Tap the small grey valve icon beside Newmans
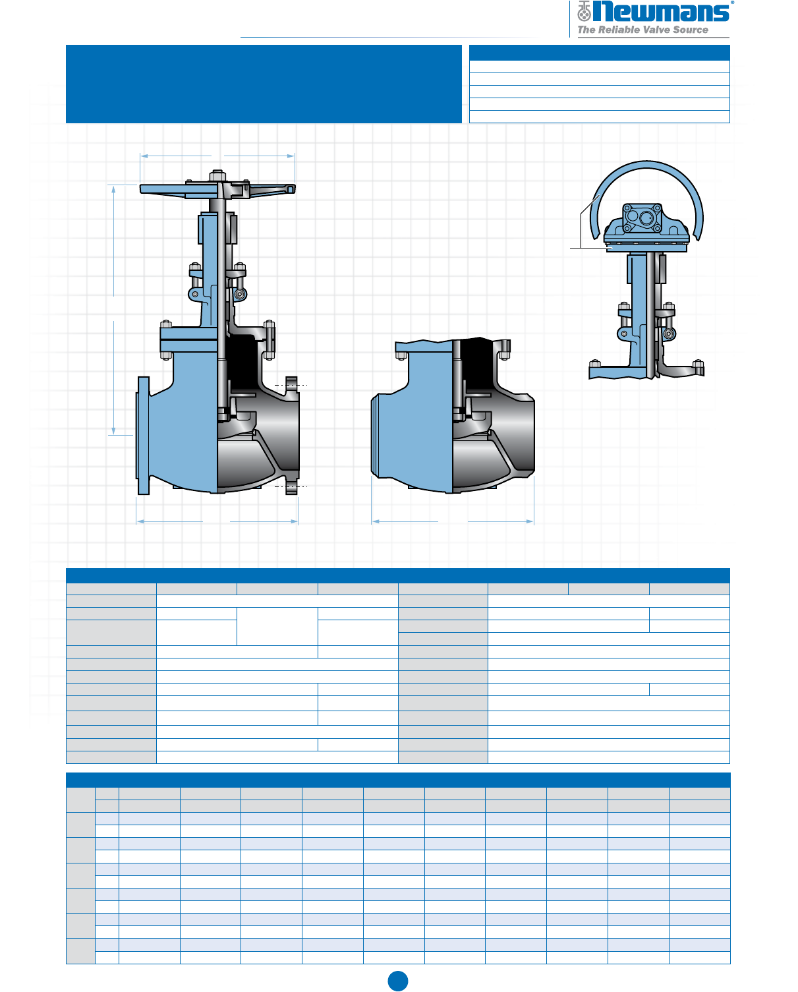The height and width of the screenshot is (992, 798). click(584, 11)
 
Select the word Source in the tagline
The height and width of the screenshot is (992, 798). click(691, 30)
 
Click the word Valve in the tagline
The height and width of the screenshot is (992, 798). click(656, 30)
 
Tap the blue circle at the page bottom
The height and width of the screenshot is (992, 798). click(398, 981)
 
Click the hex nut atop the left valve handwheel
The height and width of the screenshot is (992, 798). click(217, 175)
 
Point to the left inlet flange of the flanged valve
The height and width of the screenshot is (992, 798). click(143, 436)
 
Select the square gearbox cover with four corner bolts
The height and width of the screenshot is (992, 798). click(642, 218)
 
